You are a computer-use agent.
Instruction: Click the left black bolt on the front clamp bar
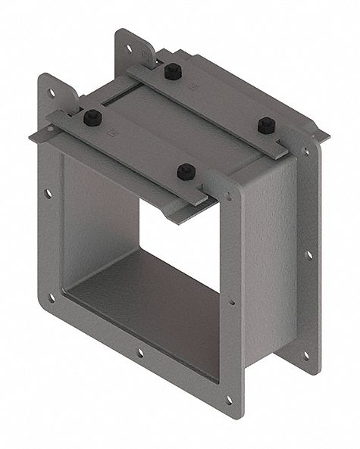[x=93, y=117]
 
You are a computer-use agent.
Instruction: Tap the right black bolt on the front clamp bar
[x=186, y=171]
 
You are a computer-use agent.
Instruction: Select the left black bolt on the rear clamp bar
[x=171, y=72]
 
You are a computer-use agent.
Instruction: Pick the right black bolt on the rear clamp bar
[x=265, y=125]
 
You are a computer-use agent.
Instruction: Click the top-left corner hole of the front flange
[x=52, y=94]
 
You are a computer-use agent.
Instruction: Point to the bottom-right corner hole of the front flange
[x=229, y=399]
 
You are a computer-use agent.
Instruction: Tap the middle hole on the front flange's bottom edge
[x=139, y=353]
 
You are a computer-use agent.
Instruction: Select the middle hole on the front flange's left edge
[x=49, y=194]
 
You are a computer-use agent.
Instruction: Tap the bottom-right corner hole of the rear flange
[x=306, y=354]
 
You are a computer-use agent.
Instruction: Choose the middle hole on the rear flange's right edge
[x=308, y=254]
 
